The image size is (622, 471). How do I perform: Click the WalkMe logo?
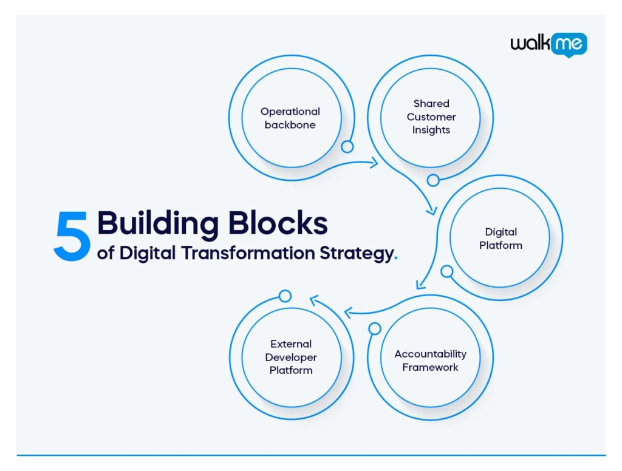coord(548,44)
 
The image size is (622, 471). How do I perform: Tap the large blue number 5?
coord(72,237)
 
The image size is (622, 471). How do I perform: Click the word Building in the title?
coord(157,223)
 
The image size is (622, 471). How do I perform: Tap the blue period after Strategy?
coord(396,257)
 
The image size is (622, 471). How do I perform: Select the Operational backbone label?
coord(290,118)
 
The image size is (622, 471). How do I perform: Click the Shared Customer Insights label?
coord(431,117)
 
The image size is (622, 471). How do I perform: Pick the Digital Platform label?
coord(501,239)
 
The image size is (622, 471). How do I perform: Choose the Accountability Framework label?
coord(430,361)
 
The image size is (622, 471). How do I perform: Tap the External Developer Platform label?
coord(290,357)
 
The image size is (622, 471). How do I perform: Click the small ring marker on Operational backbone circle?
coord(347,146)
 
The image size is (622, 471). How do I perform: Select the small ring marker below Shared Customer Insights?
coord(433,180)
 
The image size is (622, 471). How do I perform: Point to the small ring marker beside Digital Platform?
coord(446,271)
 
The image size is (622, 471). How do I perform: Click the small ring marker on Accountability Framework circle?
coord(375,328)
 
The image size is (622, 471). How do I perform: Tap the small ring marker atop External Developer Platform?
coord(285,296)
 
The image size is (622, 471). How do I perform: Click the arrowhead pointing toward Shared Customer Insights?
coord(374,162)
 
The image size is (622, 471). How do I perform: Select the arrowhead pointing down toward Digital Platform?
coord(432,211)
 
